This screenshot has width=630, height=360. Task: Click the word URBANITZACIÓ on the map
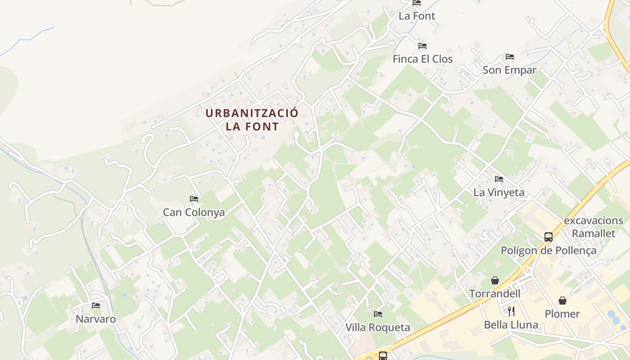click(x=252, y=113)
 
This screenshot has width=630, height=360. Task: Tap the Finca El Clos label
click(x=423, y=59)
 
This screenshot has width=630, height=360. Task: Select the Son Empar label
click(x=509, y=70)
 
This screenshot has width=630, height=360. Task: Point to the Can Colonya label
click(x=193, y=212)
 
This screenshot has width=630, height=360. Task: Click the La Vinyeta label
click(x=499, y=193)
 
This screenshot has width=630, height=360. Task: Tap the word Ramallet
click(x=593, y=233)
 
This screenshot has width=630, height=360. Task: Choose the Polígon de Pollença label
click(x=549, y=251)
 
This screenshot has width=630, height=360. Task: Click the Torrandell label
click(x=495, y=294)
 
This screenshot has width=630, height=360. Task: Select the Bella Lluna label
click(x=511, y=325)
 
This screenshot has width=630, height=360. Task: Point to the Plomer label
click(x=562, y=314)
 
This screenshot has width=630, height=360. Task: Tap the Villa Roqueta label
click(x=378, y=328)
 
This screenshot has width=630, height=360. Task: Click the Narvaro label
click(x=95, y=319)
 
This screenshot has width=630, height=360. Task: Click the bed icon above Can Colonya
click(x=194, y=199)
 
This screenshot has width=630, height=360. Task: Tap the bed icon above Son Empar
click(x=509, y=57)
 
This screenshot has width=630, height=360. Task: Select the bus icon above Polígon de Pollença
click(x=549, y=237)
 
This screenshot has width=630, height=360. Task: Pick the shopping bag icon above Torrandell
click(x=495, y=280)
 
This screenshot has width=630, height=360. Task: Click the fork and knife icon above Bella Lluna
click(x=511, y=311)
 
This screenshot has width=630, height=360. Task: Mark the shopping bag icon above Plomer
click(x=562, y=301)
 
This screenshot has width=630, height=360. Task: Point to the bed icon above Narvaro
click(x=96, y=306)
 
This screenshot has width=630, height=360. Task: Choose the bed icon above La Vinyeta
click(x=499, y=179)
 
